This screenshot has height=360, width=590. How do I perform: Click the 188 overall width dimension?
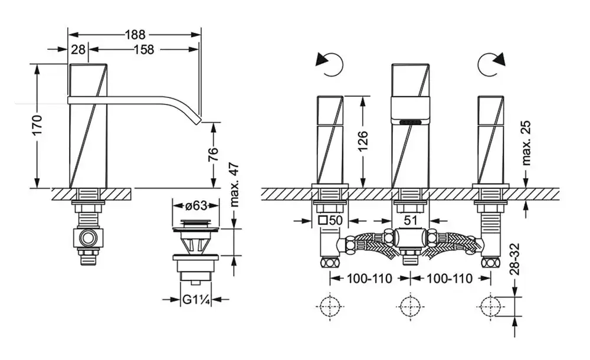coord(135,34)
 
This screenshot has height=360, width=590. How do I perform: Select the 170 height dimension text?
coord(36,126)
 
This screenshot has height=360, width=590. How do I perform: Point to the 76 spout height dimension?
coord(213,154)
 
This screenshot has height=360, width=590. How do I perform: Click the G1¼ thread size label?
coord(196,300)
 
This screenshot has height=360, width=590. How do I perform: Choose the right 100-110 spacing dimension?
coord(447,278)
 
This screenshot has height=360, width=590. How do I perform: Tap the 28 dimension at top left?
coord(78,50)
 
